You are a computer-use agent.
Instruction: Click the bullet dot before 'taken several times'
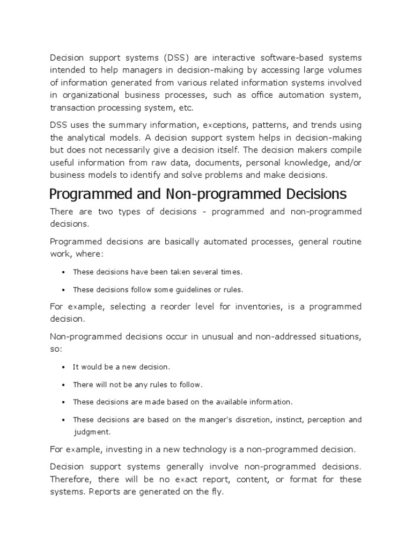pyautogui.click(x=64, y=272)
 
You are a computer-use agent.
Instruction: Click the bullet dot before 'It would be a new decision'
pyautogui.click(x=64, y=367)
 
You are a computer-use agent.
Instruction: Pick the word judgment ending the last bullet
pyautogui.click(x=91, y=431)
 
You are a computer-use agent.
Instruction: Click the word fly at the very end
pyautogui.click(x=216, y=491)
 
